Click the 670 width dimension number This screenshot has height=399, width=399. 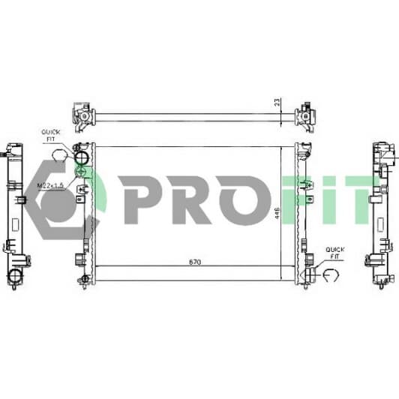(x=195, y=262)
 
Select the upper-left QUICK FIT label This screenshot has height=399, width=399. (x=50, y=135)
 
